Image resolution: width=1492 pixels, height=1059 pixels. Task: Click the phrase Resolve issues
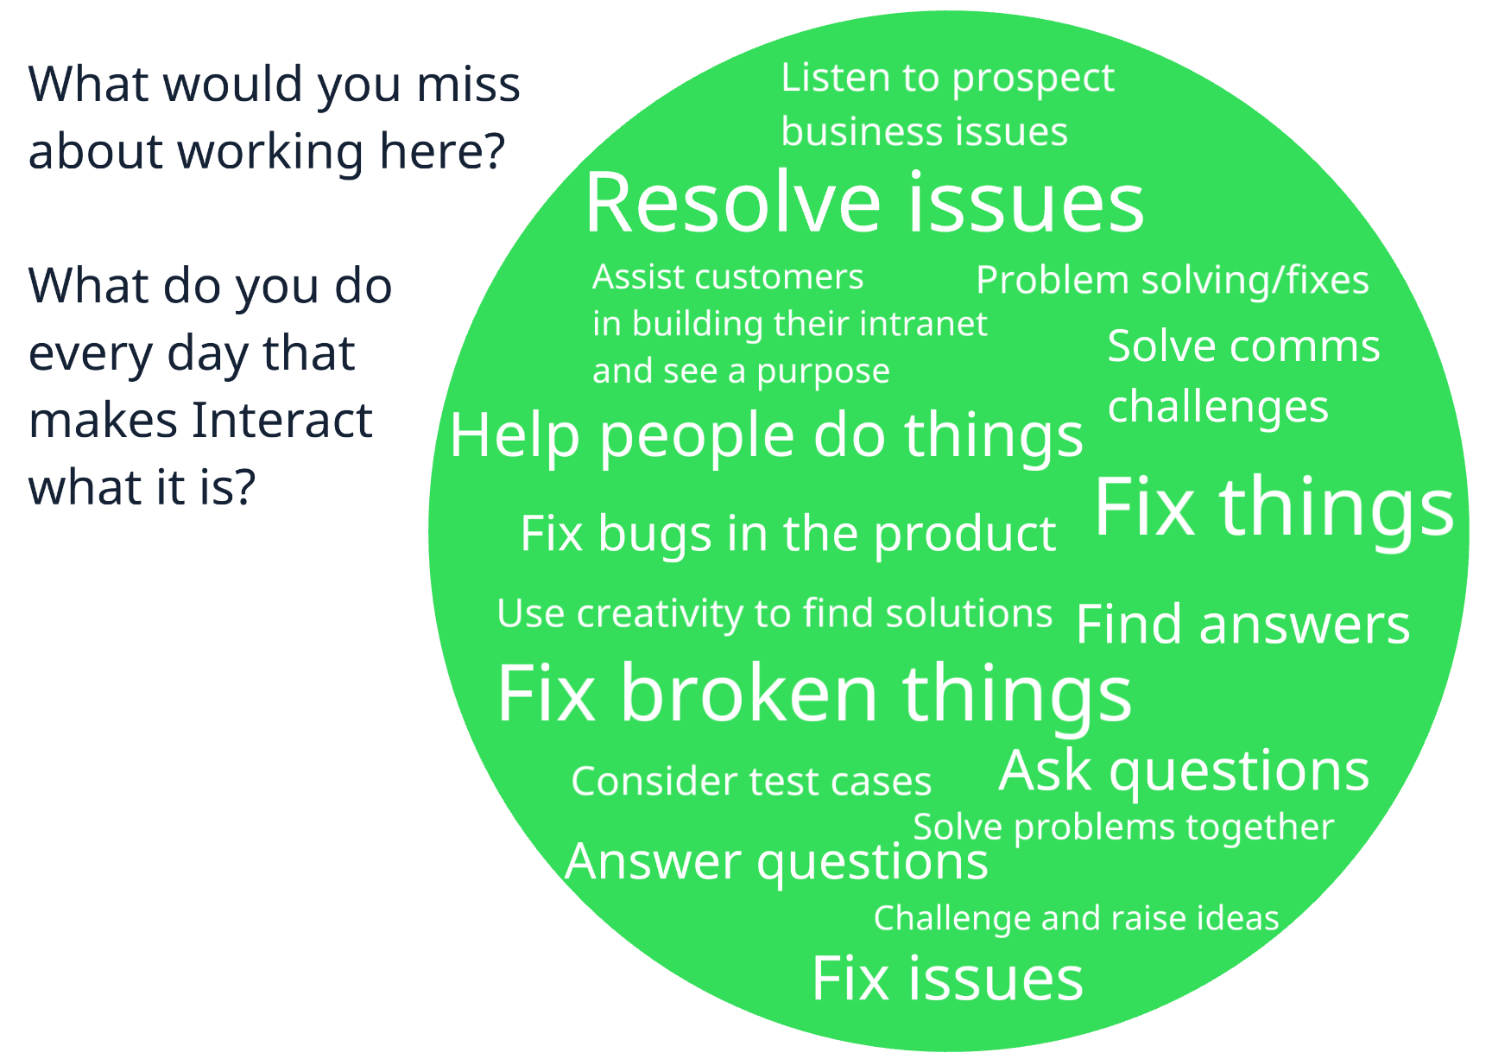(x=863, y=204)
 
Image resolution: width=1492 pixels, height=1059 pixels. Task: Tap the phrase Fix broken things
(x=813, y=694)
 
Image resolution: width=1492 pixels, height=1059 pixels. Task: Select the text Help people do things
(x=766, y=435)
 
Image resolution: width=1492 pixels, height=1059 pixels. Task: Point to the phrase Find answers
(x=1242, y=625)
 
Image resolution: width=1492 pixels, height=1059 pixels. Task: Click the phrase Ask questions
(x=1184, y=770)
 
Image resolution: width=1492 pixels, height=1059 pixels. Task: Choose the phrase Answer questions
(x=776, y=862)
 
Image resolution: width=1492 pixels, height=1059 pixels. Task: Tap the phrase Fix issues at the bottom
(x=947, y=979)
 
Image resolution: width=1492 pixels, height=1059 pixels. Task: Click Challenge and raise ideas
(x=1076, y=918)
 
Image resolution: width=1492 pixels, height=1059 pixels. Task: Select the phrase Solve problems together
(x=1123, y=828)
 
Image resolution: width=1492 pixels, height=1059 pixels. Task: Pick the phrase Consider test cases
(x=751, y=782)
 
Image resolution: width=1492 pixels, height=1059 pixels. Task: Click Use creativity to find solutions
(x=774, y=614)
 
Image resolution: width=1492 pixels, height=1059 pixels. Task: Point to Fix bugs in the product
(x=787, y=534)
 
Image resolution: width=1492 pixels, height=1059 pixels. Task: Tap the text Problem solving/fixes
(x=1172, y=281)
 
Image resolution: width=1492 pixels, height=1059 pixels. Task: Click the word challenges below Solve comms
(x=1217, y=408)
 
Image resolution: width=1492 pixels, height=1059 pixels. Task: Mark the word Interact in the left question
(x=281, y=421)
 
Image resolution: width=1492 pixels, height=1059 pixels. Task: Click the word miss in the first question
(x=468, y=85)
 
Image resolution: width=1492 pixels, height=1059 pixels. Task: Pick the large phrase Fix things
(x=1274, y=507)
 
